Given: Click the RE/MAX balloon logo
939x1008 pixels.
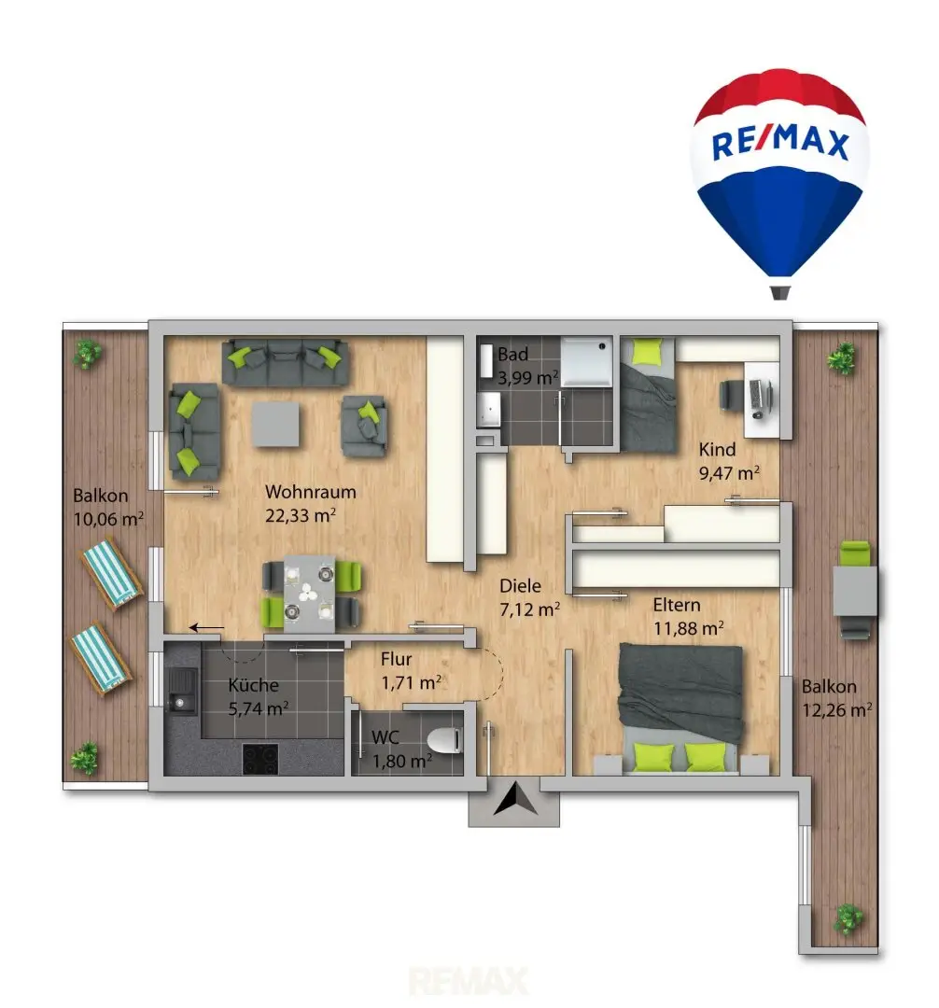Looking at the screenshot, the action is click(779, 183).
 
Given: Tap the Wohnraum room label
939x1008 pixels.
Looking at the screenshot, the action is click(311, 492).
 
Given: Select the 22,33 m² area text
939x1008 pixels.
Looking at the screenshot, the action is click(301, 515).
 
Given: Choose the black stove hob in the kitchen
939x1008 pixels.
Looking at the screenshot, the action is click(260, 759).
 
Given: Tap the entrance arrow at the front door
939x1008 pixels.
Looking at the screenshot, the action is click(515, 800).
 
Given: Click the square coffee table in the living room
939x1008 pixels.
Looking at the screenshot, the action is click(275, 425).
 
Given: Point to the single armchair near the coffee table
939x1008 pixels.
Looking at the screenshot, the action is click(364, 426).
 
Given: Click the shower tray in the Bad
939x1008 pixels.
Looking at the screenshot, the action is click(586, 362).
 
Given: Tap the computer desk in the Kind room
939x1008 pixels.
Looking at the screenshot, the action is click(762, 399).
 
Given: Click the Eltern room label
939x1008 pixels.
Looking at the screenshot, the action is click(677, 605).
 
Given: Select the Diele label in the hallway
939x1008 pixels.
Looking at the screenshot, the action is click(520, 585).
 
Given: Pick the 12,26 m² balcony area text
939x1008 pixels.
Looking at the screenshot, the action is click(837, 709).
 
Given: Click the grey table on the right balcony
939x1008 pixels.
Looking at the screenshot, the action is click(855, 591).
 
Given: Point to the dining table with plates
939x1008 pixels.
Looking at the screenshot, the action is click(309, 594).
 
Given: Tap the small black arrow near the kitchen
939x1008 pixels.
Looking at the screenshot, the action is click(207, 627).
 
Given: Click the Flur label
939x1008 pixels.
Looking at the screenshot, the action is click(396, 659).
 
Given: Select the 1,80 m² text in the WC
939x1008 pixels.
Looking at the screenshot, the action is click(402, 762).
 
